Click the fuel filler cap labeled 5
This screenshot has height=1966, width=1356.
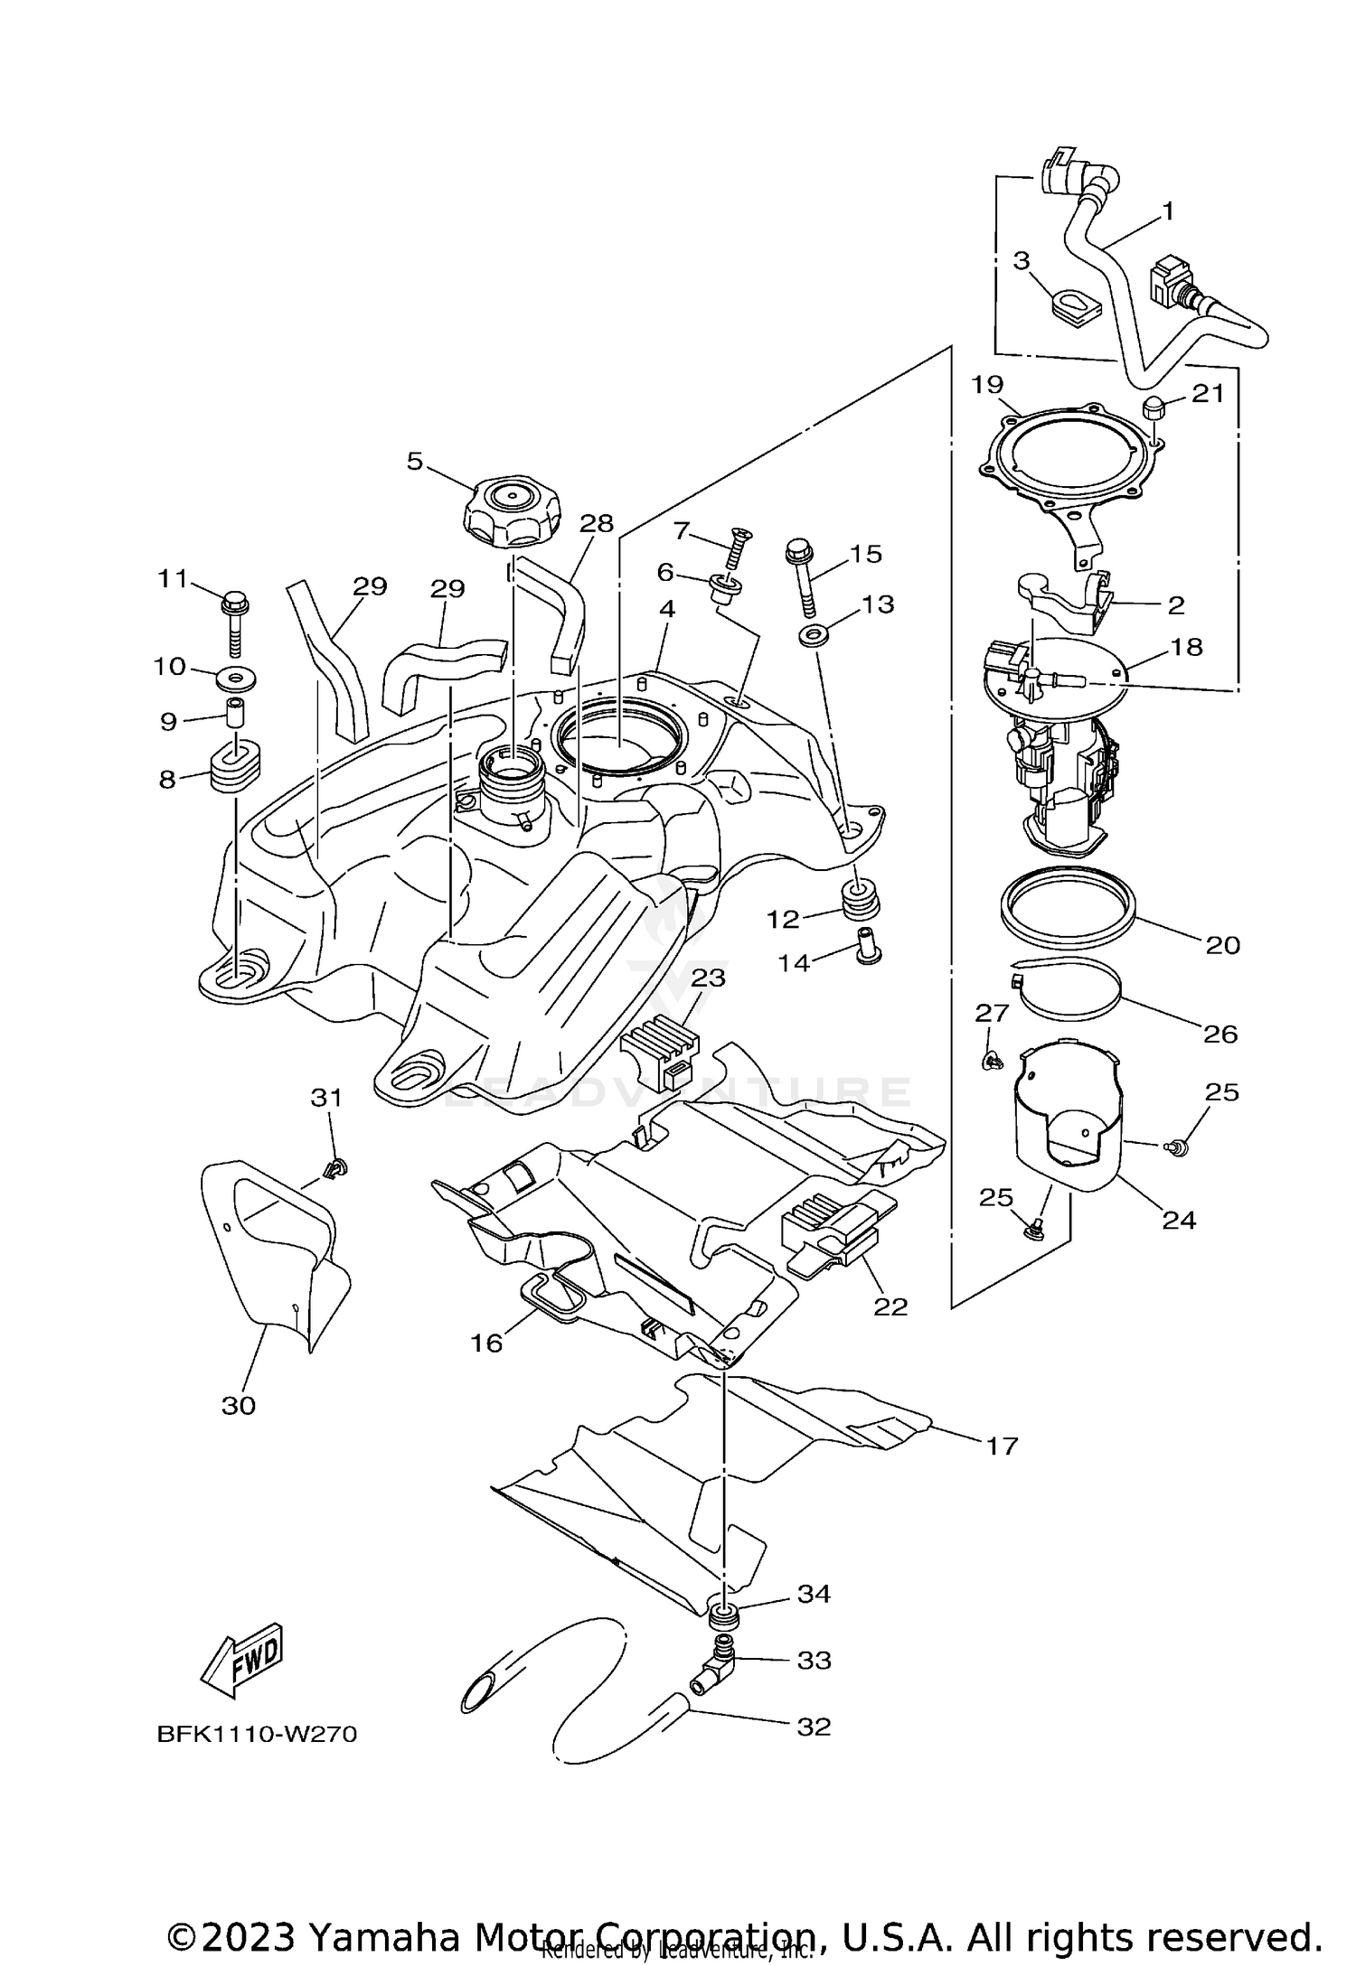click(511, 511)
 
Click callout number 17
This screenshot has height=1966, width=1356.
click(1002, 1446)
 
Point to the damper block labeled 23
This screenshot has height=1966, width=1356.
click(661, 1048)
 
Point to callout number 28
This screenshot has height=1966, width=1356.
click(597, 523)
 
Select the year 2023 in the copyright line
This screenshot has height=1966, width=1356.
click(247, 1929)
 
